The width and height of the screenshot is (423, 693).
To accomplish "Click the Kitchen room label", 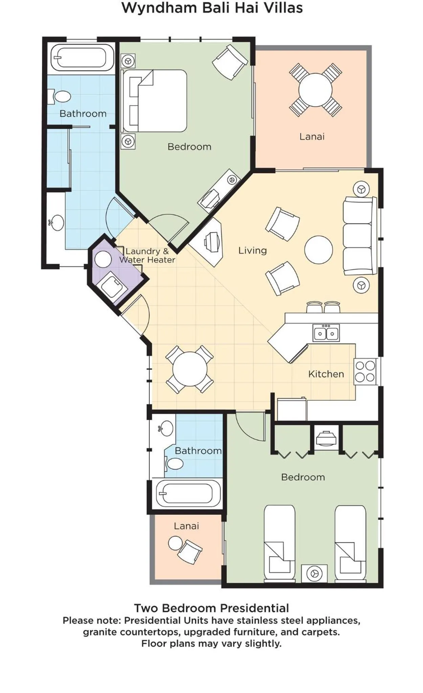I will (x=326, y=374).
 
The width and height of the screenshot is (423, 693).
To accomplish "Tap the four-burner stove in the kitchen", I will (x=365, y=371).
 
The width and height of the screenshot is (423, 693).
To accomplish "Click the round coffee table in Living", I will (x=318, y=250).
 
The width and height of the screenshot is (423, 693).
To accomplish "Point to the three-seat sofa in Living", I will (x=359, y=236).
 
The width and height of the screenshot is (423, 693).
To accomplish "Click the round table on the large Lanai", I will (x=315, y=90).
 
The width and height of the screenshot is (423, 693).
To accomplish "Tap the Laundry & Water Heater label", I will (x=147, y=256).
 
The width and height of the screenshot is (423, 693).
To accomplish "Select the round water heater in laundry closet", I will (x=103, y=259).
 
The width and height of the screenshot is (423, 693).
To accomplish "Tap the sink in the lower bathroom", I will (x=166, y=429).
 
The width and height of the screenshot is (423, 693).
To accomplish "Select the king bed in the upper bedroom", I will (x=155, y=101).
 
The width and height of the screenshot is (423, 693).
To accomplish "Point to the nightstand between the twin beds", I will (x=314, y=573).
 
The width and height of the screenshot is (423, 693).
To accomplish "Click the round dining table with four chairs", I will (x=190, y=369).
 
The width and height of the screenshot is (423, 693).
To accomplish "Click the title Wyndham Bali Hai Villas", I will (x=212, y=8).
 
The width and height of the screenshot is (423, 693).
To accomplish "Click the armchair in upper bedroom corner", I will (x=230, y=62).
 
